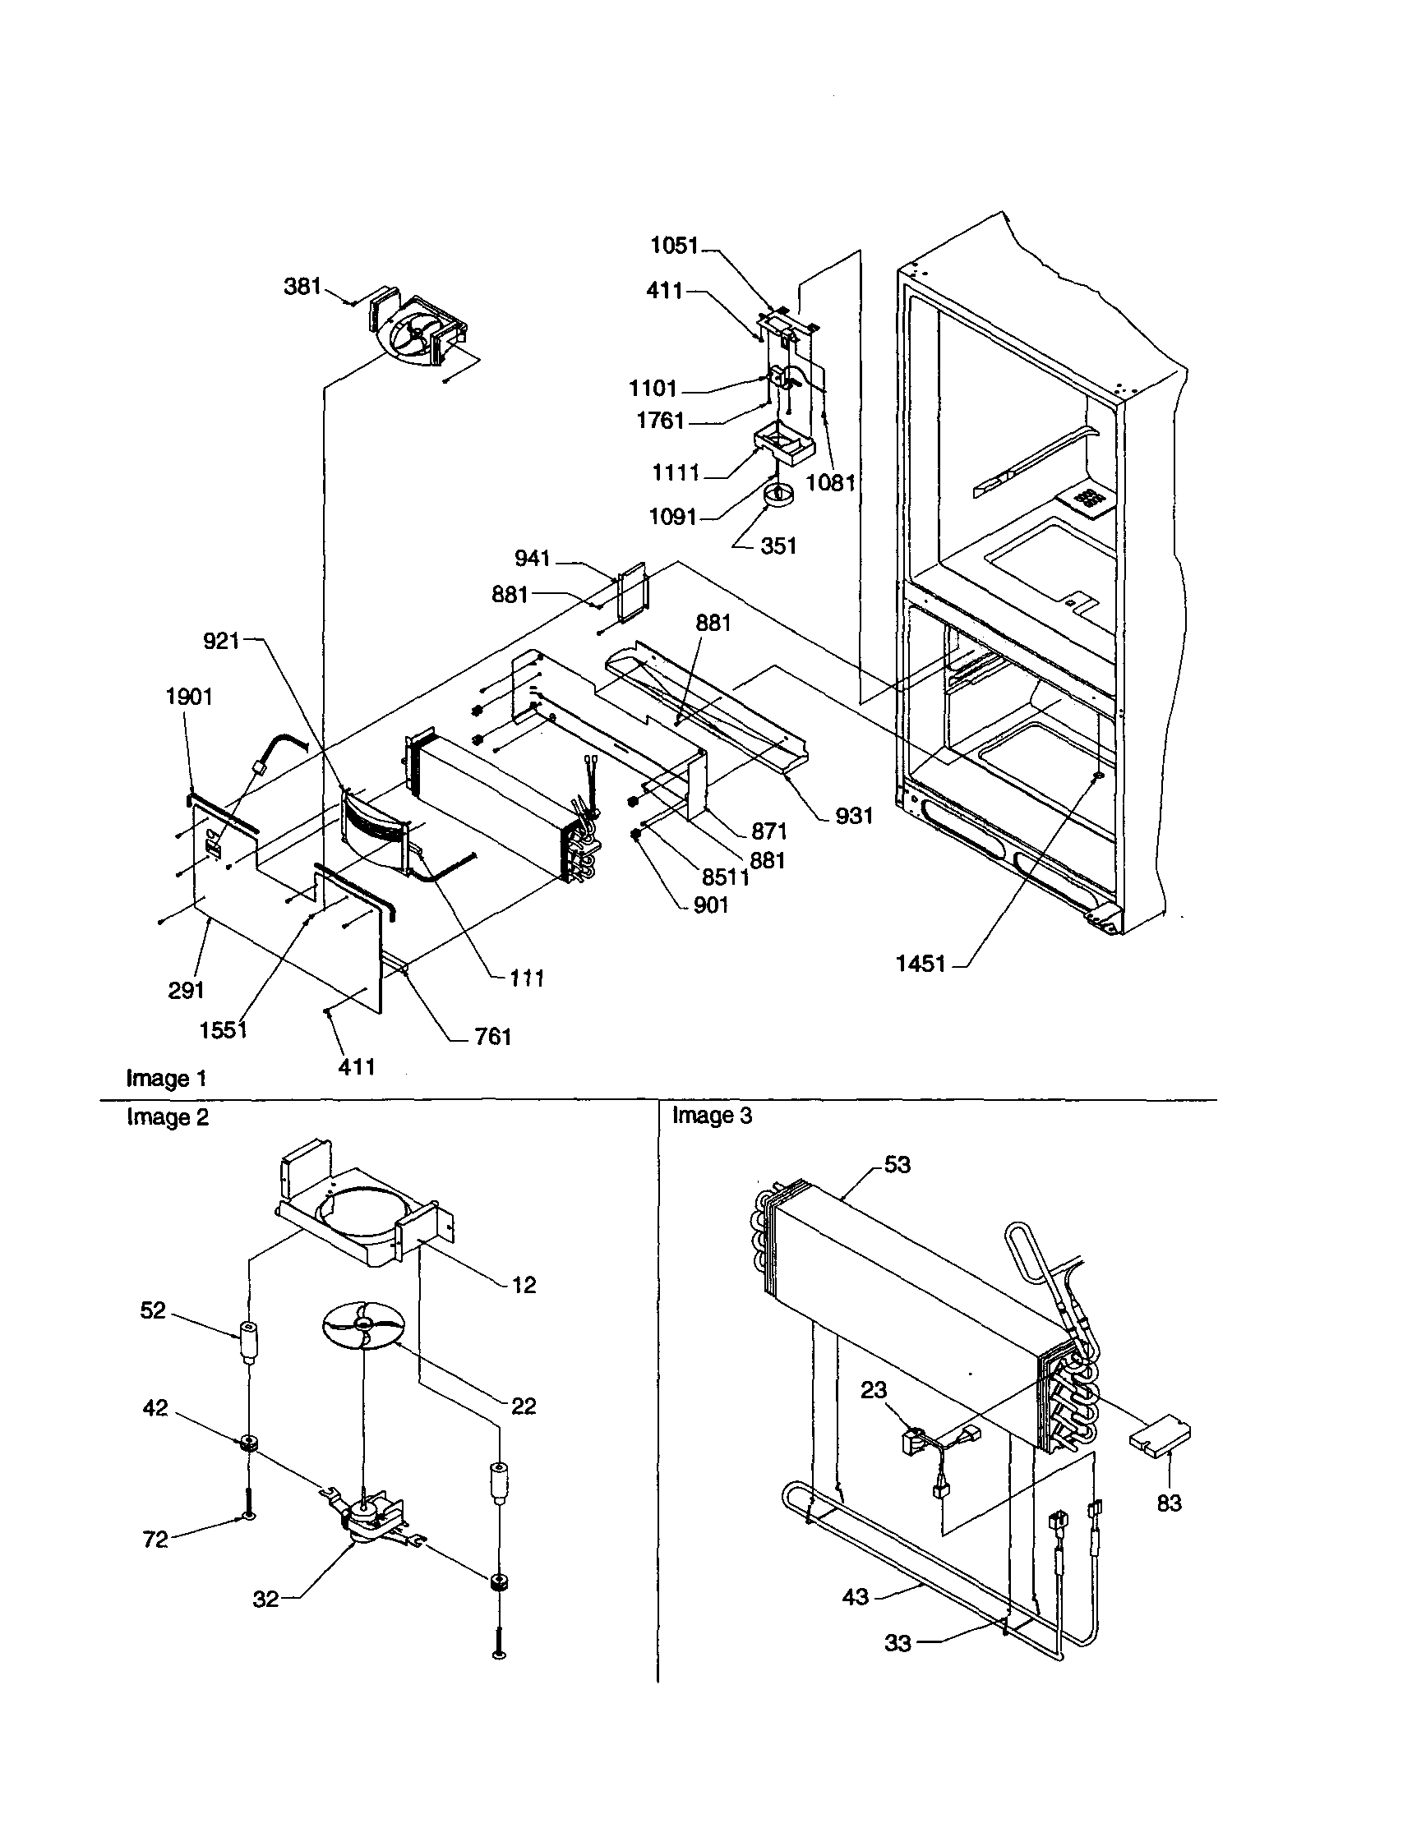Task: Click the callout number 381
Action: [x=302, y=286]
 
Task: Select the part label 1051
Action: [x=675, y=246]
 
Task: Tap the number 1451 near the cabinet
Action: [x=921, y=964]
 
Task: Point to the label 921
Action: [x=221, y=641]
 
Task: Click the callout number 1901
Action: [x=189, y=697]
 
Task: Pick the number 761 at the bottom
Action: [x=492, y=1037]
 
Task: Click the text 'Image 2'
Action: [x=167, y=1116]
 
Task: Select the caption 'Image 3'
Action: [x=713, y=1115]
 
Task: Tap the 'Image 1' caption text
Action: [x=165, y=1079]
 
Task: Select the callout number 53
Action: [x=897, y=1164]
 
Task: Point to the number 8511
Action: [x=725, y=877]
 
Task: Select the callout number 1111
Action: [x=676, y=473]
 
